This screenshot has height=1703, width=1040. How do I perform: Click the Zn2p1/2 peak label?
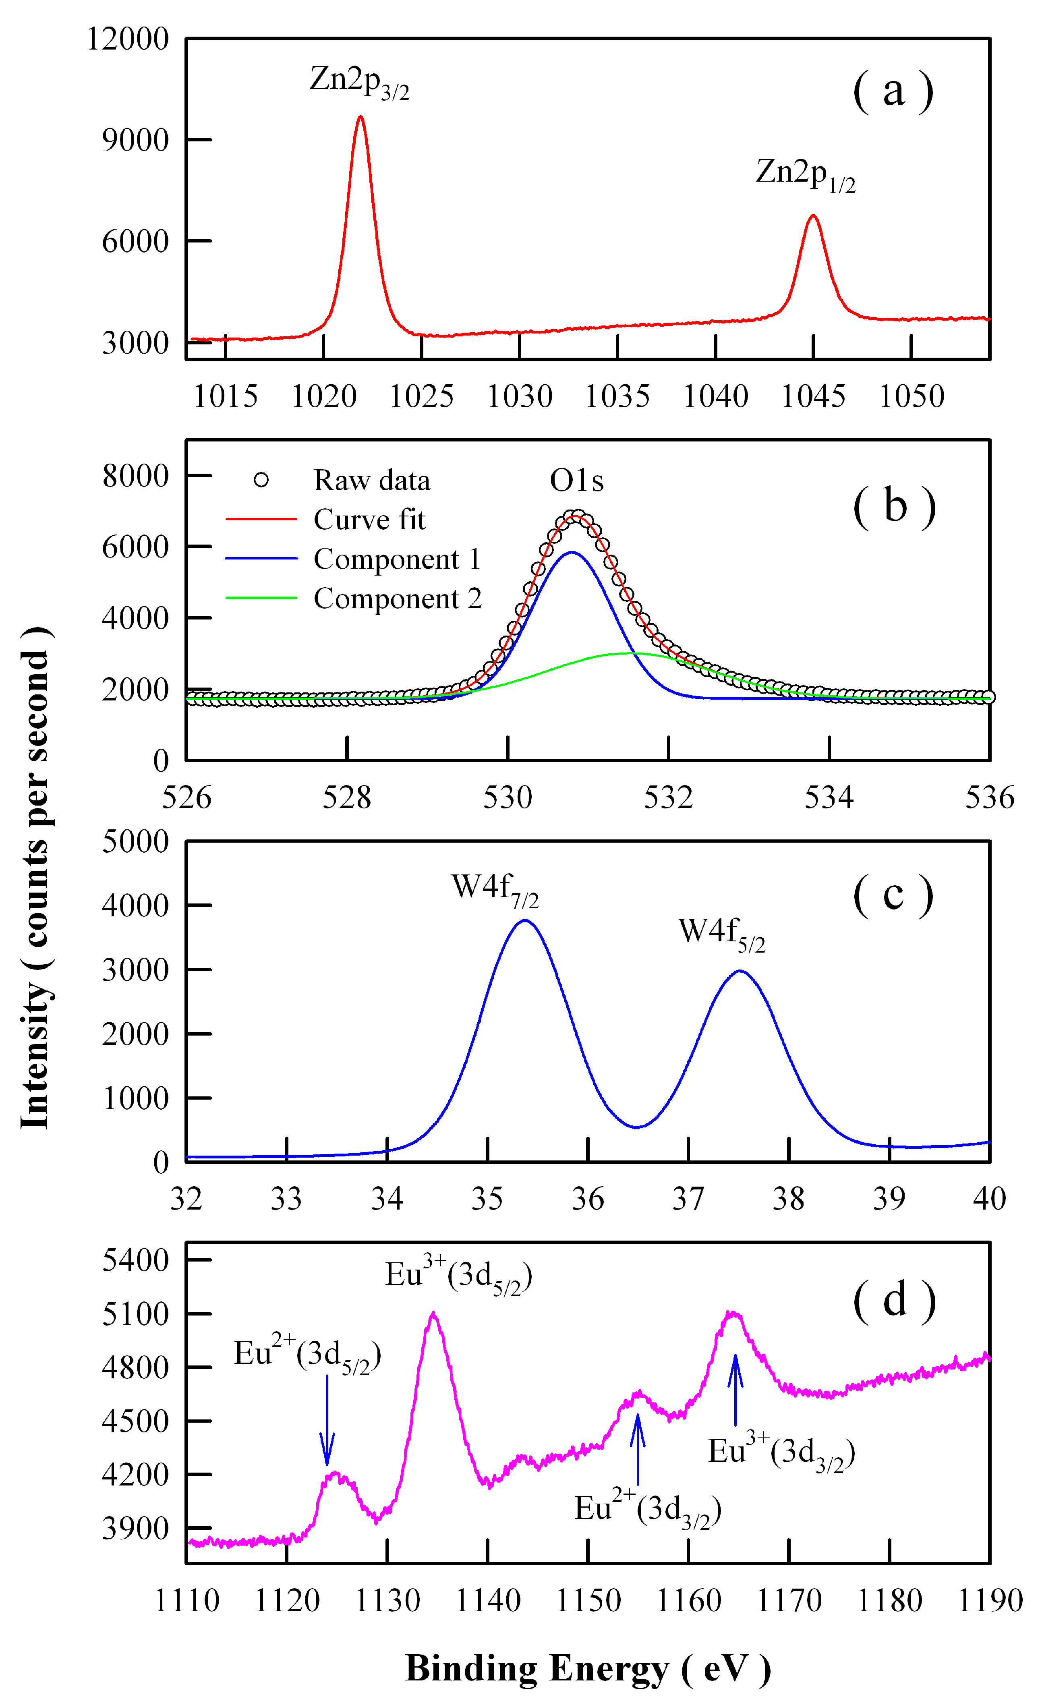tap(805, 174)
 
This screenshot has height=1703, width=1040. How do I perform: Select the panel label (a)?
tap(893, 91)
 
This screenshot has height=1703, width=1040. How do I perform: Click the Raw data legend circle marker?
tap(261, 480)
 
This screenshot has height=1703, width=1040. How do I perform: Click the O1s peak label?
tap(576, 481)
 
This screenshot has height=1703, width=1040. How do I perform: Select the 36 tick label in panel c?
tap(587, 1199)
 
